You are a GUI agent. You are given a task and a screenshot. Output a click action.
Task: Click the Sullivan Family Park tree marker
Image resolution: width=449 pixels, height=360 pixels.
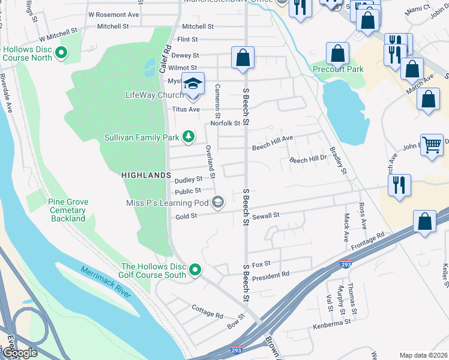[x=188, y=137]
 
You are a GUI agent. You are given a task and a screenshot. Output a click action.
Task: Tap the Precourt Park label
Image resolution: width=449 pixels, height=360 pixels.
[x=338, y=69]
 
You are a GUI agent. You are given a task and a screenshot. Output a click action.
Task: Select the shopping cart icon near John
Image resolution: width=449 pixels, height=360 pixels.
[x=432, y=145]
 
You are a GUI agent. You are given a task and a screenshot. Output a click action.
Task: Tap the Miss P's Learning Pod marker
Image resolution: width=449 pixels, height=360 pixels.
[x=218, y=203]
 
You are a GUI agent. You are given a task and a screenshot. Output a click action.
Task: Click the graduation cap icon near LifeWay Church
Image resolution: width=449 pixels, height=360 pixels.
[x=193, y=83]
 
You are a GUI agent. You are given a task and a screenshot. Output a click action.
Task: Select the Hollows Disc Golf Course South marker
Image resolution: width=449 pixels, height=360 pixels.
[x=195, y=271]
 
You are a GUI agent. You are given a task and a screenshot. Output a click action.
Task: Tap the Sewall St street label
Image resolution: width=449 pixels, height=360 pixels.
[x=266, y=215]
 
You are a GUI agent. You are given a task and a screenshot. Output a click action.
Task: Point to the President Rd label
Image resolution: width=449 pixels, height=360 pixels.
[x=271, y=275]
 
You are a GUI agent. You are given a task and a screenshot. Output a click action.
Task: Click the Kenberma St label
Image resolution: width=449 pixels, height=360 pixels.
[x=331, y=323]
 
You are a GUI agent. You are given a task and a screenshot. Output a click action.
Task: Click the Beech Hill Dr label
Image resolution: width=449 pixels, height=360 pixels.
[x=307, y=160]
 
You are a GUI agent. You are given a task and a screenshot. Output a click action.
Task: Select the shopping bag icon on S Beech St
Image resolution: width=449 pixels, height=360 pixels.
[x=243, y=59]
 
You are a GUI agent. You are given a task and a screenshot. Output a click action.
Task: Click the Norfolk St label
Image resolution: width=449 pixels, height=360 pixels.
[x=225, y=124]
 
